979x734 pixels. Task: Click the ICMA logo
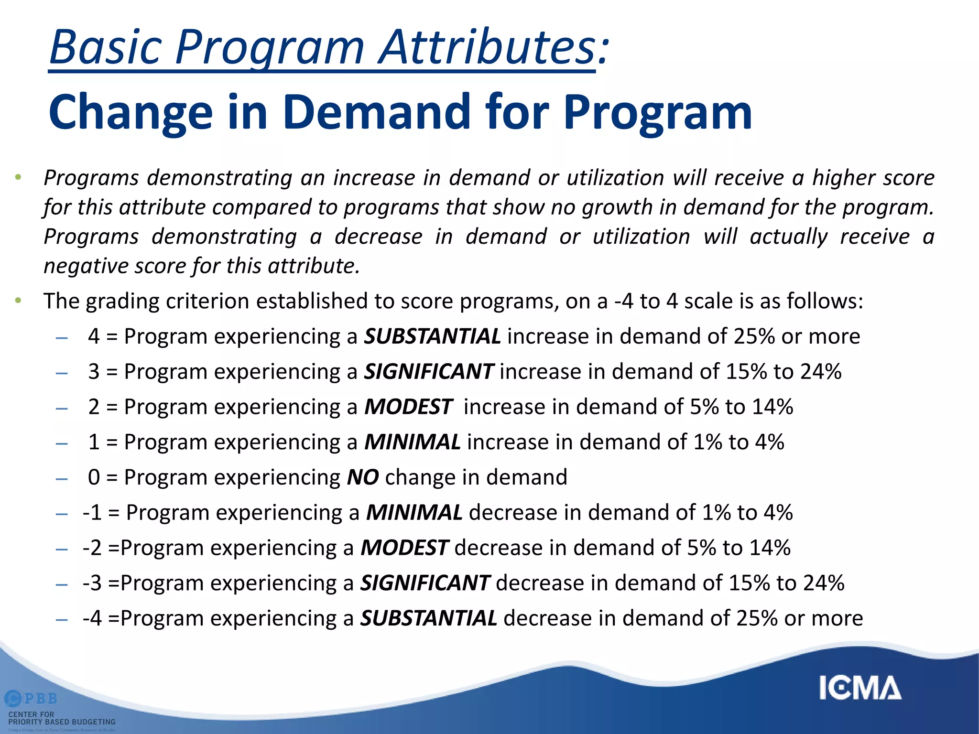click(x=860, y=688)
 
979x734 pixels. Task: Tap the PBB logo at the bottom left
click(x=32, y=699)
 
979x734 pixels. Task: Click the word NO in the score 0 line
click(x=363, y=477)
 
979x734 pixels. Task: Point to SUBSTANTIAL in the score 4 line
click(x=432, y=336)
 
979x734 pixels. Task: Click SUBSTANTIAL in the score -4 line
click(x=428, y=618)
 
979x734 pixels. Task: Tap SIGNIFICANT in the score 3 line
click(x=428, y=372)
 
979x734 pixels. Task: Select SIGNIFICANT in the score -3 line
click(x=425, y=583)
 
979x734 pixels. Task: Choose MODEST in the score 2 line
click(x=408, y=407)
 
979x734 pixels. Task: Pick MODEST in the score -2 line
click(x=404, y=548)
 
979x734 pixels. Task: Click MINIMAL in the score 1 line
click(x=412, y=442)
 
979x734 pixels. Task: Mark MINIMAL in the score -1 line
click(x=414, y=513)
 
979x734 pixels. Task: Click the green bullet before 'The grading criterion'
click(x=18, y=301)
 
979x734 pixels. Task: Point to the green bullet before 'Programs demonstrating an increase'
click(x=18, y=177)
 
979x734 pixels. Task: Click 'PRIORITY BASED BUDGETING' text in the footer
click(x=62, y=722)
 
